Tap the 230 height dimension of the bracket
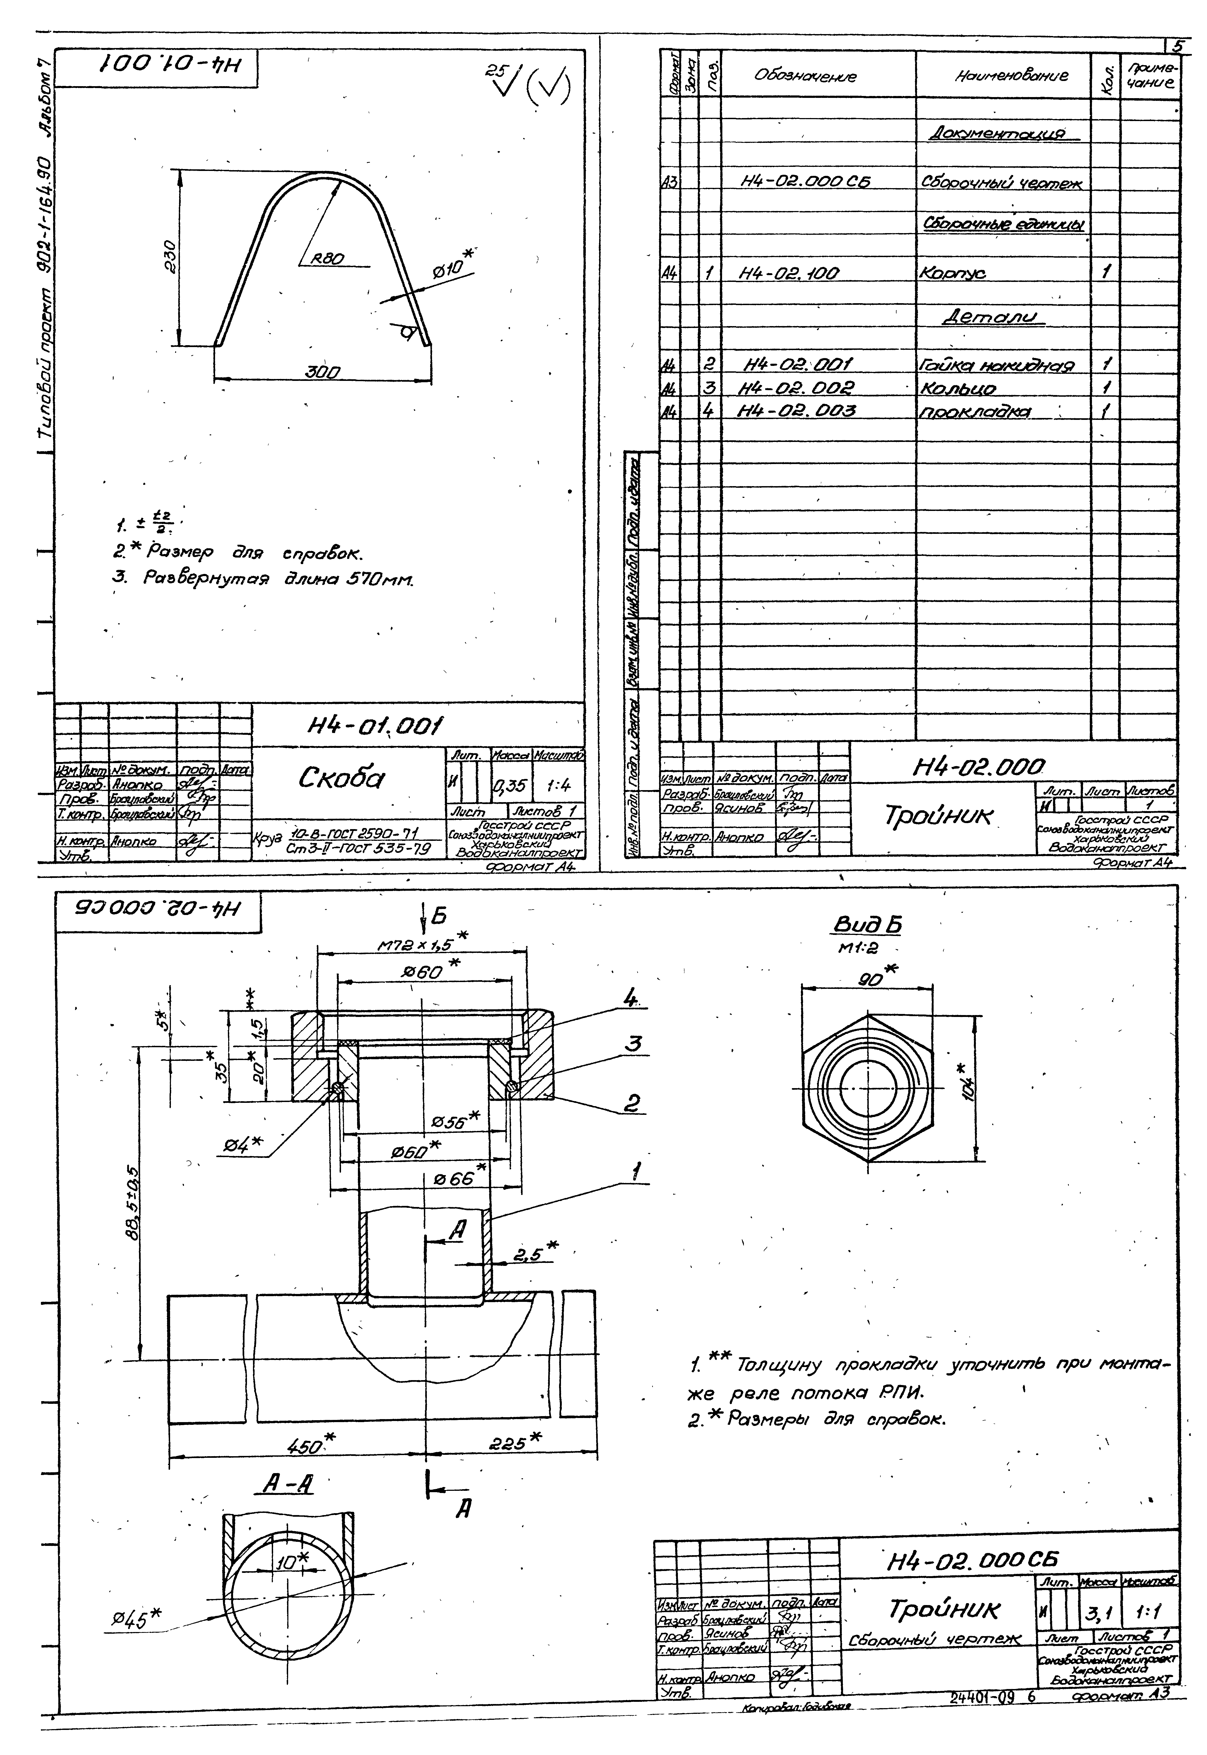pos(170,257)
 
